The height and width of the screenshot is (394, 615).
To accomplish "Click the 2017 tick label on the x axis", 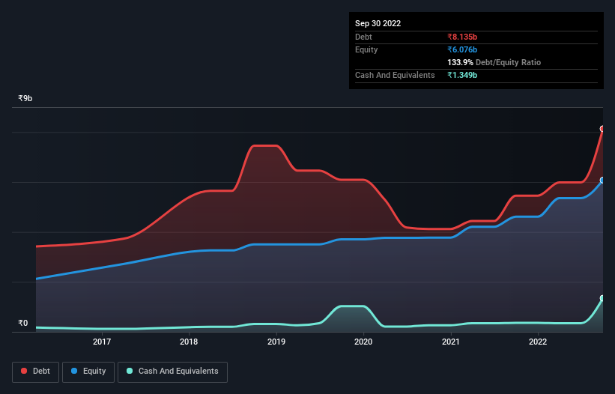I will click(102, 342).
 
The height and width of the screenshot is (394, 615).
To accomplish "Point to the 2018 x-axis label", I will click(189, 342).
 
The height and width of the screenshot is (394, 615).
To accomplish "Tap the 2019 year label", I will click(276, 342).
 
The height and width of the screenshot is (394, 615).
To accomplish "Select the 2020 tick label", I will click(363, 342).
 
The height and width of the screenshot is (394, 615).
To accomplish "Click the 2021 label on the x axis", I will click(450, 342).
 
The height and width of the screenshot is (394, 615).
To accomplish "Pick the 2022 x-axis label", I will click(538, 342).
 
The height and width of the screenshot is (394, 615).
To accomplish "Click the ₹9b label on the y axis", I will click(26, 98).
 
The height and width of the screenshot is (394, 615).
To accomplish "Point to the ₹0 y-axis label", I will click(22, 324).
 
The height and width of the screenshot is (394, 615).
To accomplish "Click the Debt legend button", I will click(35, 371).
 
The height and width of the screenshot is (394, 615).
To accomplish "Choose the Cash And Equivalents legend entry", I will click(172, 371).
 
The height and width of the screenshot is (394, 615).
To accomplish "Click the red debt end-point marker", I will click(602, 129).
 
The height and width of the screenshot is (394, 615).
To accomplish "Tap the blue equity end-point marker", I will click(602, 181).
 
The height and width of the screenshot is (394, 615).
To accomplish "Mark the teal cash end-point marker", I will click(602, 298).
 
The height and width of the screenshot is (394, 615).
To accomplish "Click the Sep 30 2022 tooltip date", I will click(378, 23).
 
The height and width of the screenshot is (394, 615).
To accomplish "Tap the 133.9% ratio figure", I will click(462, 62).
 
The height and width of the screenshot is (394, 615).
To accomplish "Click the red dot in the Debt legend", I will click(24, 371).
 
